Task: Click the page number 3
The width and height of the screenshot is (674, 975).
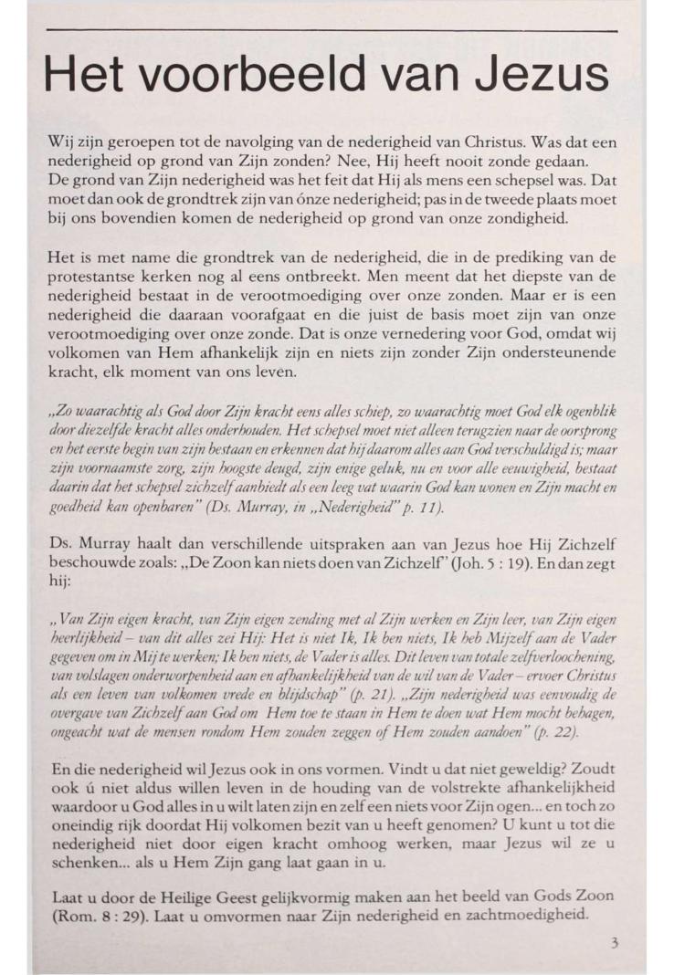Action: [614, 943]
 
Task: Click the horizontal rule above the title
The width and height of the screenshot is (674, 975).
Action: [331, 30]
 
